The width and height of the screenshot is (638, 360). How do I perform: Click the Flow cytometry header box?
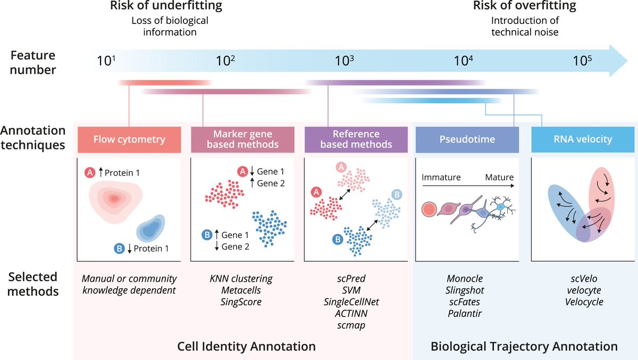(x=129, y=140)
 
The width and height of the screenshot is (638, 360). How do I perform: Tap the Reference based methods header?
(x=356, y=139)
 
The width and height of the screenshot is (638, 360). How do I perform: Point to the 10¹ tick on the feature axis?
(x=106, y=60)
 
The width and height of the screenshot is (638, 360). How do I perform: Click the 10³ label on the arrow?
(x=345, y=60)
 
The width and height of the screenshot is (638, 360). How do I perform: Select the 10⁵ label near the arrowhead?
(x=582, y=60)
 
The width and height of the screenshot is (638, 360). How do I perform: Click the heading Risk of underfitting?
(x=166, y=6)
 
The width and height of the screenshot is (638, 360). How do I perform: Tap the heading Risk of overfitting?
(x=524, y=6)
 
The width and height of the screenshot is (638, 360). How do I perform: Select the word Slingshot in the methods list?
(x=464, y=290)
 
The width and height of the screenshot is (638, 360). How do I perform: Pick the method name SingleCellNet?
(x=352, y=302)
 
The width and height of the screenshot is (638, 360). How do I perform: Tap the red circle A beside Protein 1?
(x=90, y=173)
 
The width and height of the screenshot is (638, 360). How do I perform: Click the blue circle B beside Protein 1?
(x=120, y=248)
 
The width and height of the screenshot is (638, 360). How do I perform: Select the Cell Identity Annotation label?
(x=246, y=347)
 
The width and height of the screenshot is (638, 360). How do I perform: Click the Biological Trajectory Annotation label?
(x=524, y=347)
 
